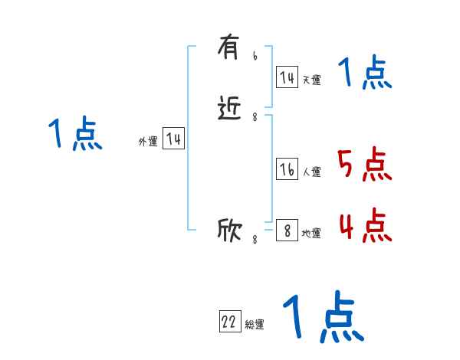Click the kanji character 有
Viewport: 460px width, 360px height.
[x=228, y=51]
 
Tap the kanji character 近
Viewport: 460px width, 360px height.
[x=229, y=110]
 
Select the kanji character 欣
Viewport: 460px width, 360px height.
[x=229, y=230]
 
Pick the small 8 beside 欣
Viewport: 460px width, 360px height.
[x=255, y=239]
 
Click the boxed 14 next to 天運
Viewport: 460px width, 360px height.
[x=287, y=77]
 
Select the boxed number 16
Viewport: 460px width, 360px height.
[x=287, y=170]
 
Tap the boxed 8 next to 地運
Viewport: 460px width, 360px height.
[x=287, y=231]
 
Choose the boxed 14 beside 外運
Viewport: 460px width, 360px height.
[x=173, y=139]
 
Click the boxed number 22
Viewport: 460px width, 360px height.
[x=229, y=322]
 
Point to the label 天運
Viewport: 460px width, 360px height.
[x=311, y=80]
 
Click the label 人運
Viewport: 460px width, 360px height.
[x=311, y=172]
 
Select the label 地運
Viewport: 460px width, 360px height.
[x=311, y=233]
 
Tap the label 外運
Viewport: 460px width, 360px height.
[x=148, y=142]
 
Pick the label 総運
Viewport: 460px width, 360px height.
[x=255, y=325]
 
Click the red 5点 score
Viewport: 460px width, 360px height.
[x=364, y=164]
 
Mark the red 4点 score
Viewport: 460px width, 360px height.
[x=364, y=225]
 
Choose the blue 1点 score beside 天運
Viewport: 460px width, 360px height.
[x=365, y=73]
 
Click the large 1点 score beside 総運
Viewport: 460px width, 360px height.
[x=322, y=316]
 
